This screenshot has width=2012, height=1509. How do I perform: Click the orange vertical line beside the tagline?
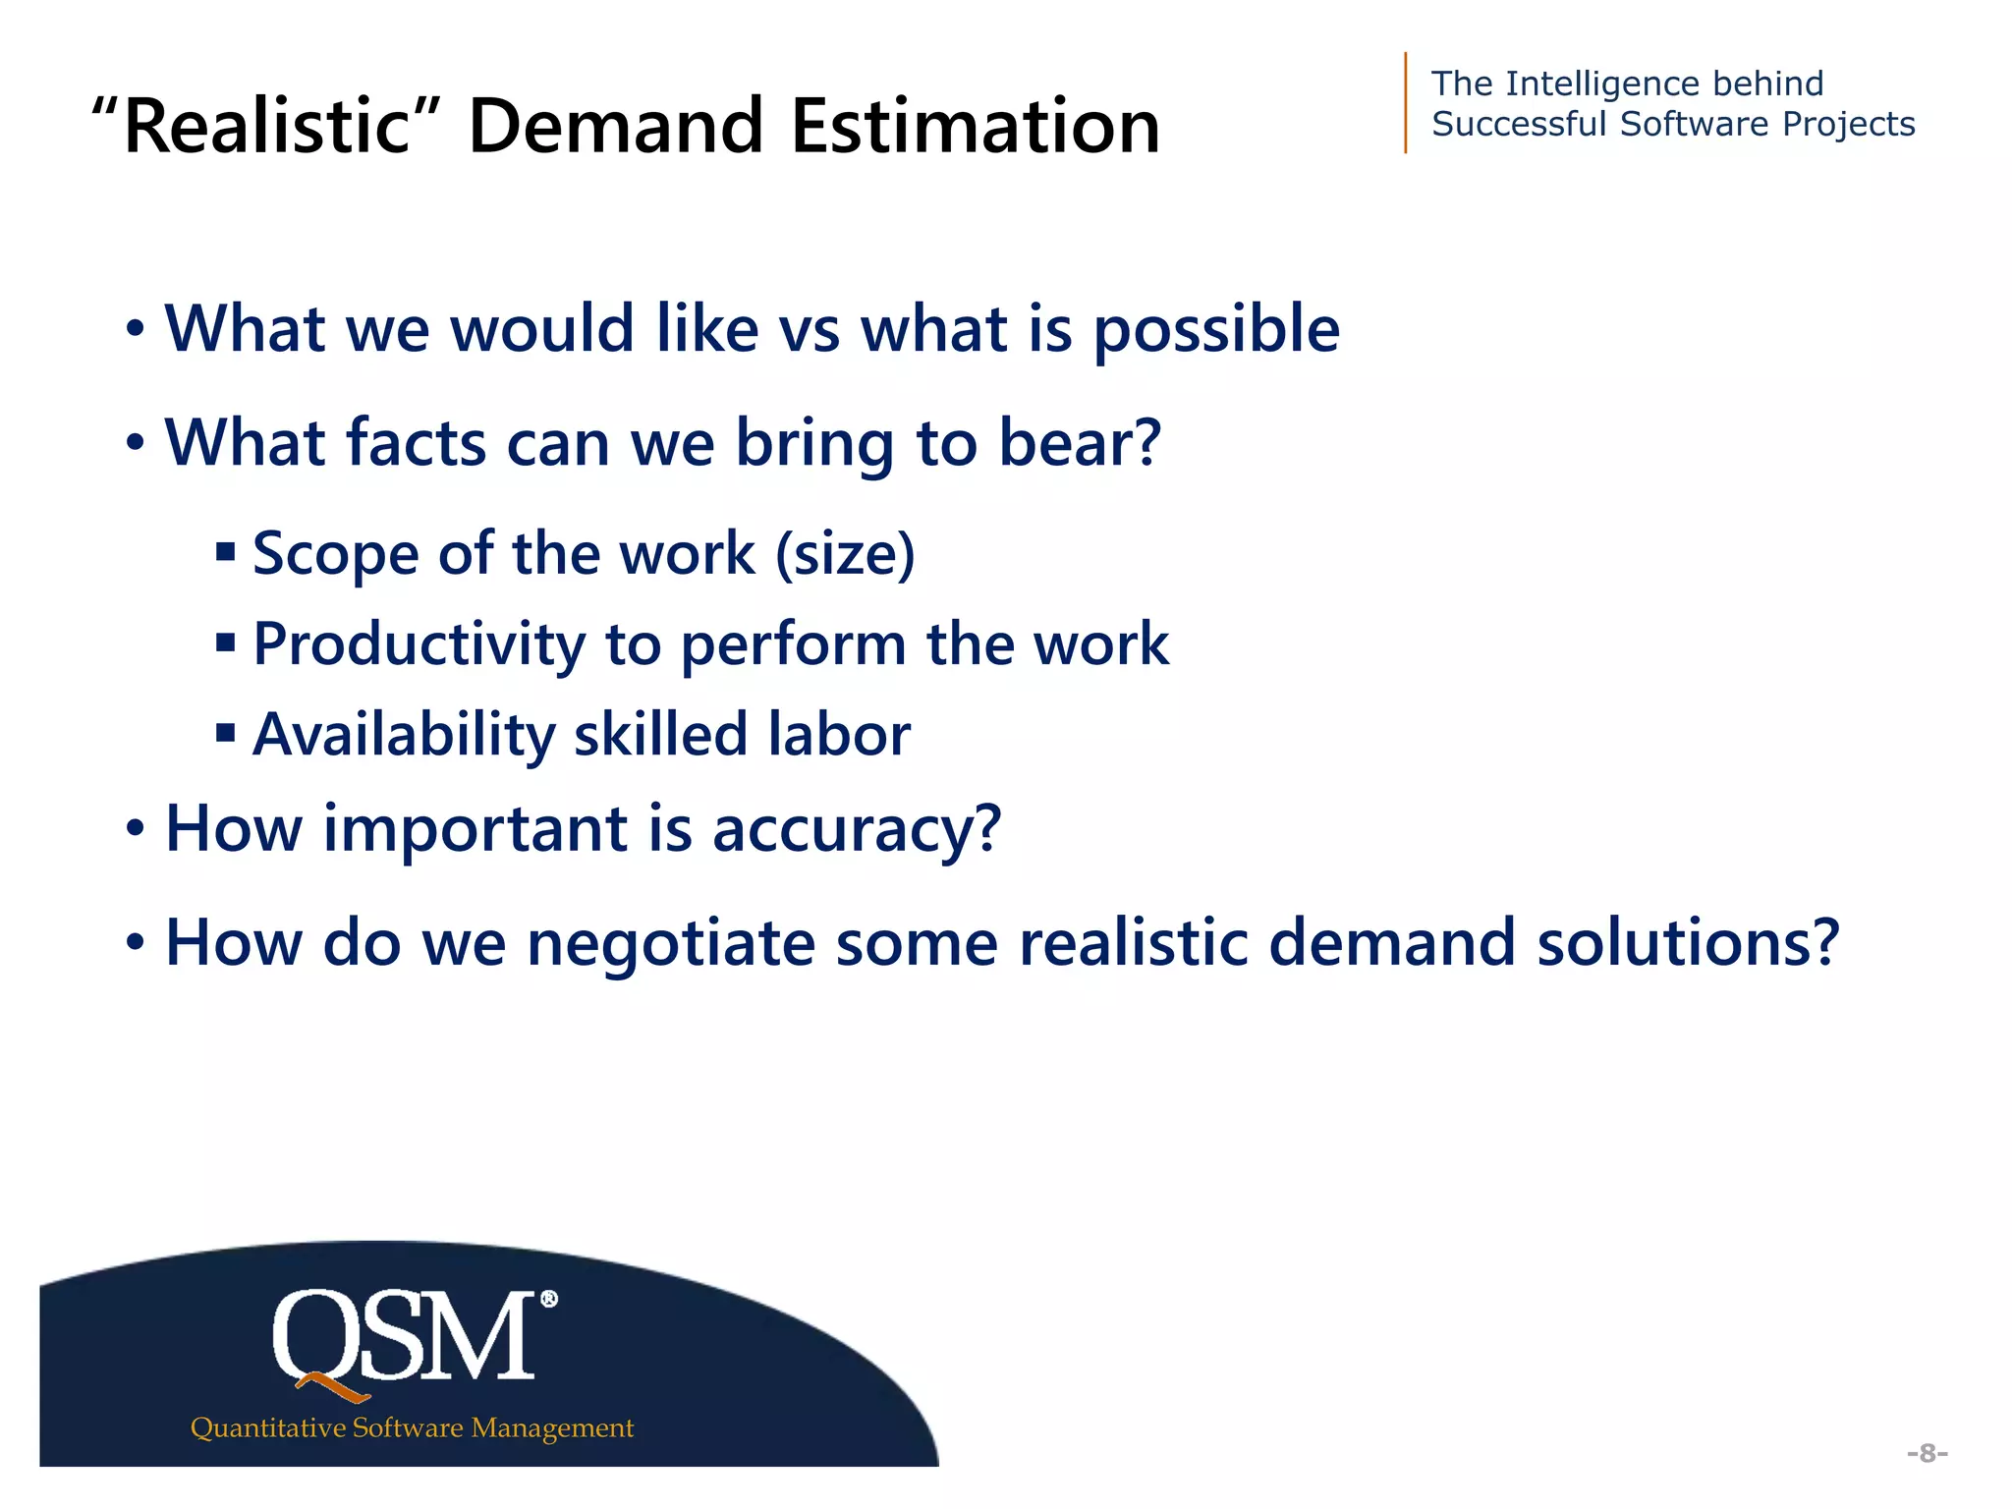tap(1406, 102)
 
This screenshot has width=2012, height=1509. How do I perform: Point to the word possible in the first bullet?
tap(1216, 329)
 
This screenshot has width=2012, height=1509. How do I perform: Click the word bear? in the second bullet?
tap(1080, 443)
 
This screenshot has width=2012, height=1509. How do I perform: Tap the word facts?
tap(416, 443)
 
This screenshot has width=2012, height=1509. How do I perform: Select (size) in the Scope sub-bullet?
tap(845, 554)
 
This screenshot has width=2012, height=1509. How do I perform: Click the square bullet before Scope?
tap(226, 552)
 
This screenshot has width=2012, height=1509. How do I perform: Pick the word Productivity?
tap(419, 645)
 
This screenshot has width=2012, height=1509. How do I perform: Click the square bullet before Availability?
tap(226, 733)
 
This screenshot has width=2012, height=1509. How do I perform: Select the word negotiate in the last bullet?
tap(671, 943)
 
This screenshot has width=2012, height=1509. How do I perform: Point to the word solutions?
tap(1687, 943)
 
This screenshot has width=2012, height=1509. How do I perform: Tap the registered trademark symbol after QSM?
tap(548, 1300)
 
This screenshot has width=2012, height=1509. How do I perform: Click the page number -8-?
tap(1927, 1453)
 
